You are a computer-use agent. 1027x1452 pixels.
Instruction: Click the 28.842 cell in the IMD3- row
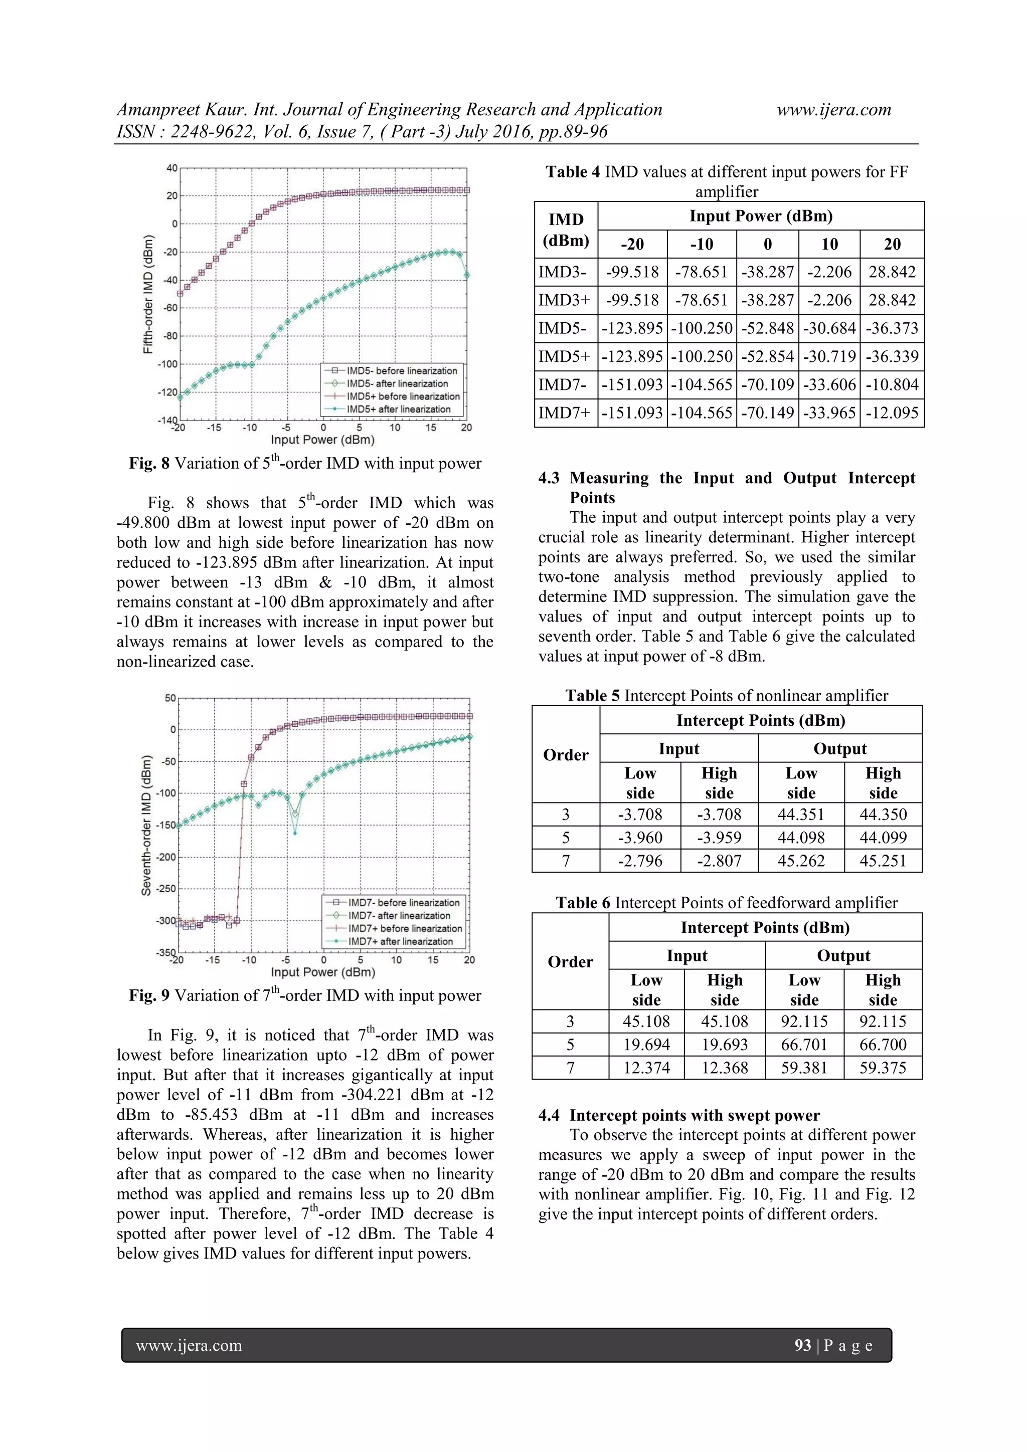tap(892, 272)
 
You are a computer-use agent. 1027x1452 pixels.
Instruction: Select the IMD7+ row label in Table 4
tap(565, 413)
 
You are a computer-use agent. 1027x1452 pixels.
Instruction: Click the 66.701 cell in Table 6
tap(804, 1044)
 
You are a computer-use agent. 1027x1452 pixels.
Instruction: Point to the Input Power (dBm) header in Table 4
tap(761, 217)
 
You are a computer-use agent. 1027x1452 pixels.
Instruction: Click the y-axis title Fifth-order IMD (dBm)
tap(147, 294)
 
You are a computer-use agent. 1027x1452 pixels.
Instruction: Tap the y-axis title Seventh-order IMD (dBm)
tap(146, 825)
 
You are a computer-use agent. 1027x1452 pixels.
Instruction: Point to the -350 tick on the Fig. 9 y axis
tap(166, 952)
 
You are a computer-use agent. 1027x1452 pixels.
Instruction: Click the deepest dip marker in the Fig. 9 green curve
tap(295, 834)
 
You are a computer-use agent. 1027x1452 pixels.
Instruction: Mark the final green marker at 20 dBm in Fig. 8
tap(467, 275)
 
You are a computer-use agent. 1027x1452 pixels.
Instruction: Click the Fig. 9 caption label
tap(149, 995)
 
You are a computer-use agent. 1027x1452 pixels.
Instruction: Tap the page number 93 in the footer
tap(802, 1345)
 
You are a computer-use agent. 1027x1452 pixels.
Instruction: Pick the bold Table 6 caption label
tap(583, 903)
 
